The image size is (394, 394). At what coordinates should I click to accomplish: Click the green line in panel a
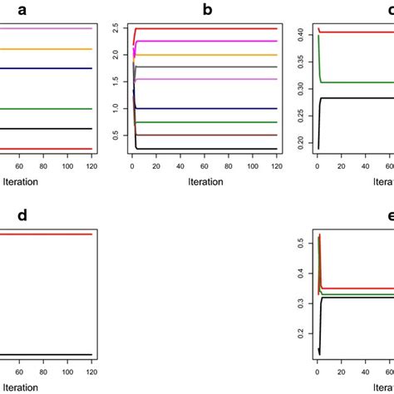pyautogui.click(x=50, y=108)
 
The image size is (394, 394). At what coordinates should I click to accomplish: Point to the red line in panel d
pyautogui.click(x=50, y=234)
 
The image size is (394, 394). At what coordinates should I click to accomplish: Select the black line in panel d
pyautogui.click(x=50, y=355)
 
